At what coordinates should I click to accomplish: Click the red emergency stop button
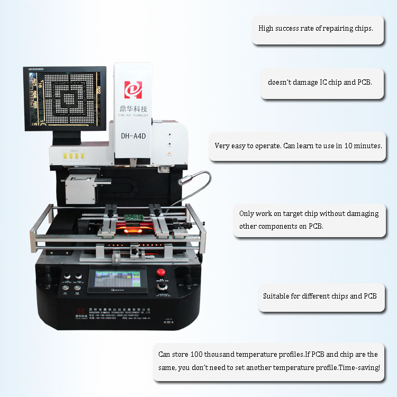click(161, 273)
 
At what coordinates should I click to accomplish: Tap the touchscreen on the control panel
click(117, 279)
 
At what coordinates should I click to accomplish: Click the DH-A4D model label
click(133, 136)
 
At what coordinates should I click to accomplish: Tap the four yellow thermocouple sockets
click(74, 156)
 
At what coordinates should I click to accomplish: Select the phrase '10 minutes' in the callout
click(362, 146)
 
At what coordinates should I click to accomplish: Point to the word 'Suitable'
click(276, 296)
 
